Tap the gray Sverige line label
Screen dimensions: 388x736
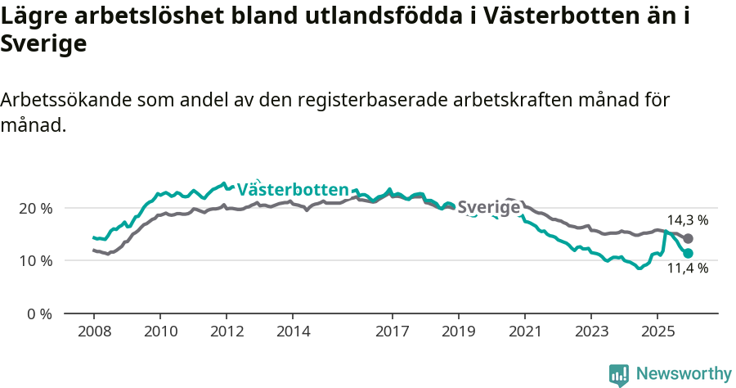489,208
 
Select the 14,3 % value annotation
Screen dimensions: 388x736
688,220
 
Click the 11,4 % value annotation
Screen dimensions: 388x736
688,268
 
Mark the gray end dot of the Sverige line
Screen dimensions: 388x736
689,238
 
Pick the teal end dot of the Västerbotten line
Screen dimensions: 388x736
689,254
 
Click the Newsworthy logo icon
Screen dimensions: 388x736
619,375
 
